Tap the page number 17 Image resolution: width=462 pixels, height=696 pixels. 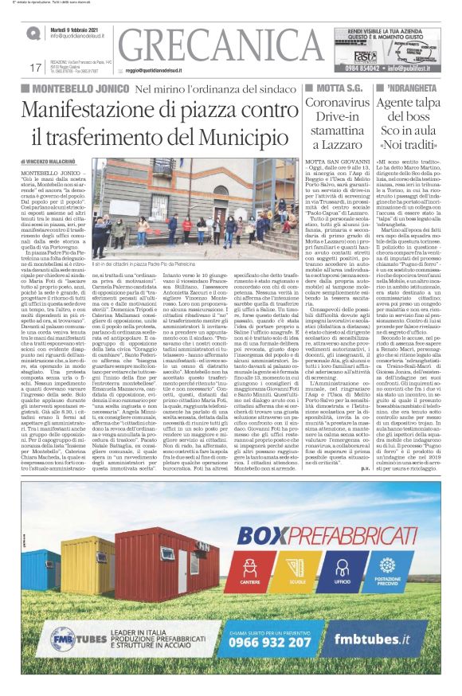pyautogui.click(x=34, y=67)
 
